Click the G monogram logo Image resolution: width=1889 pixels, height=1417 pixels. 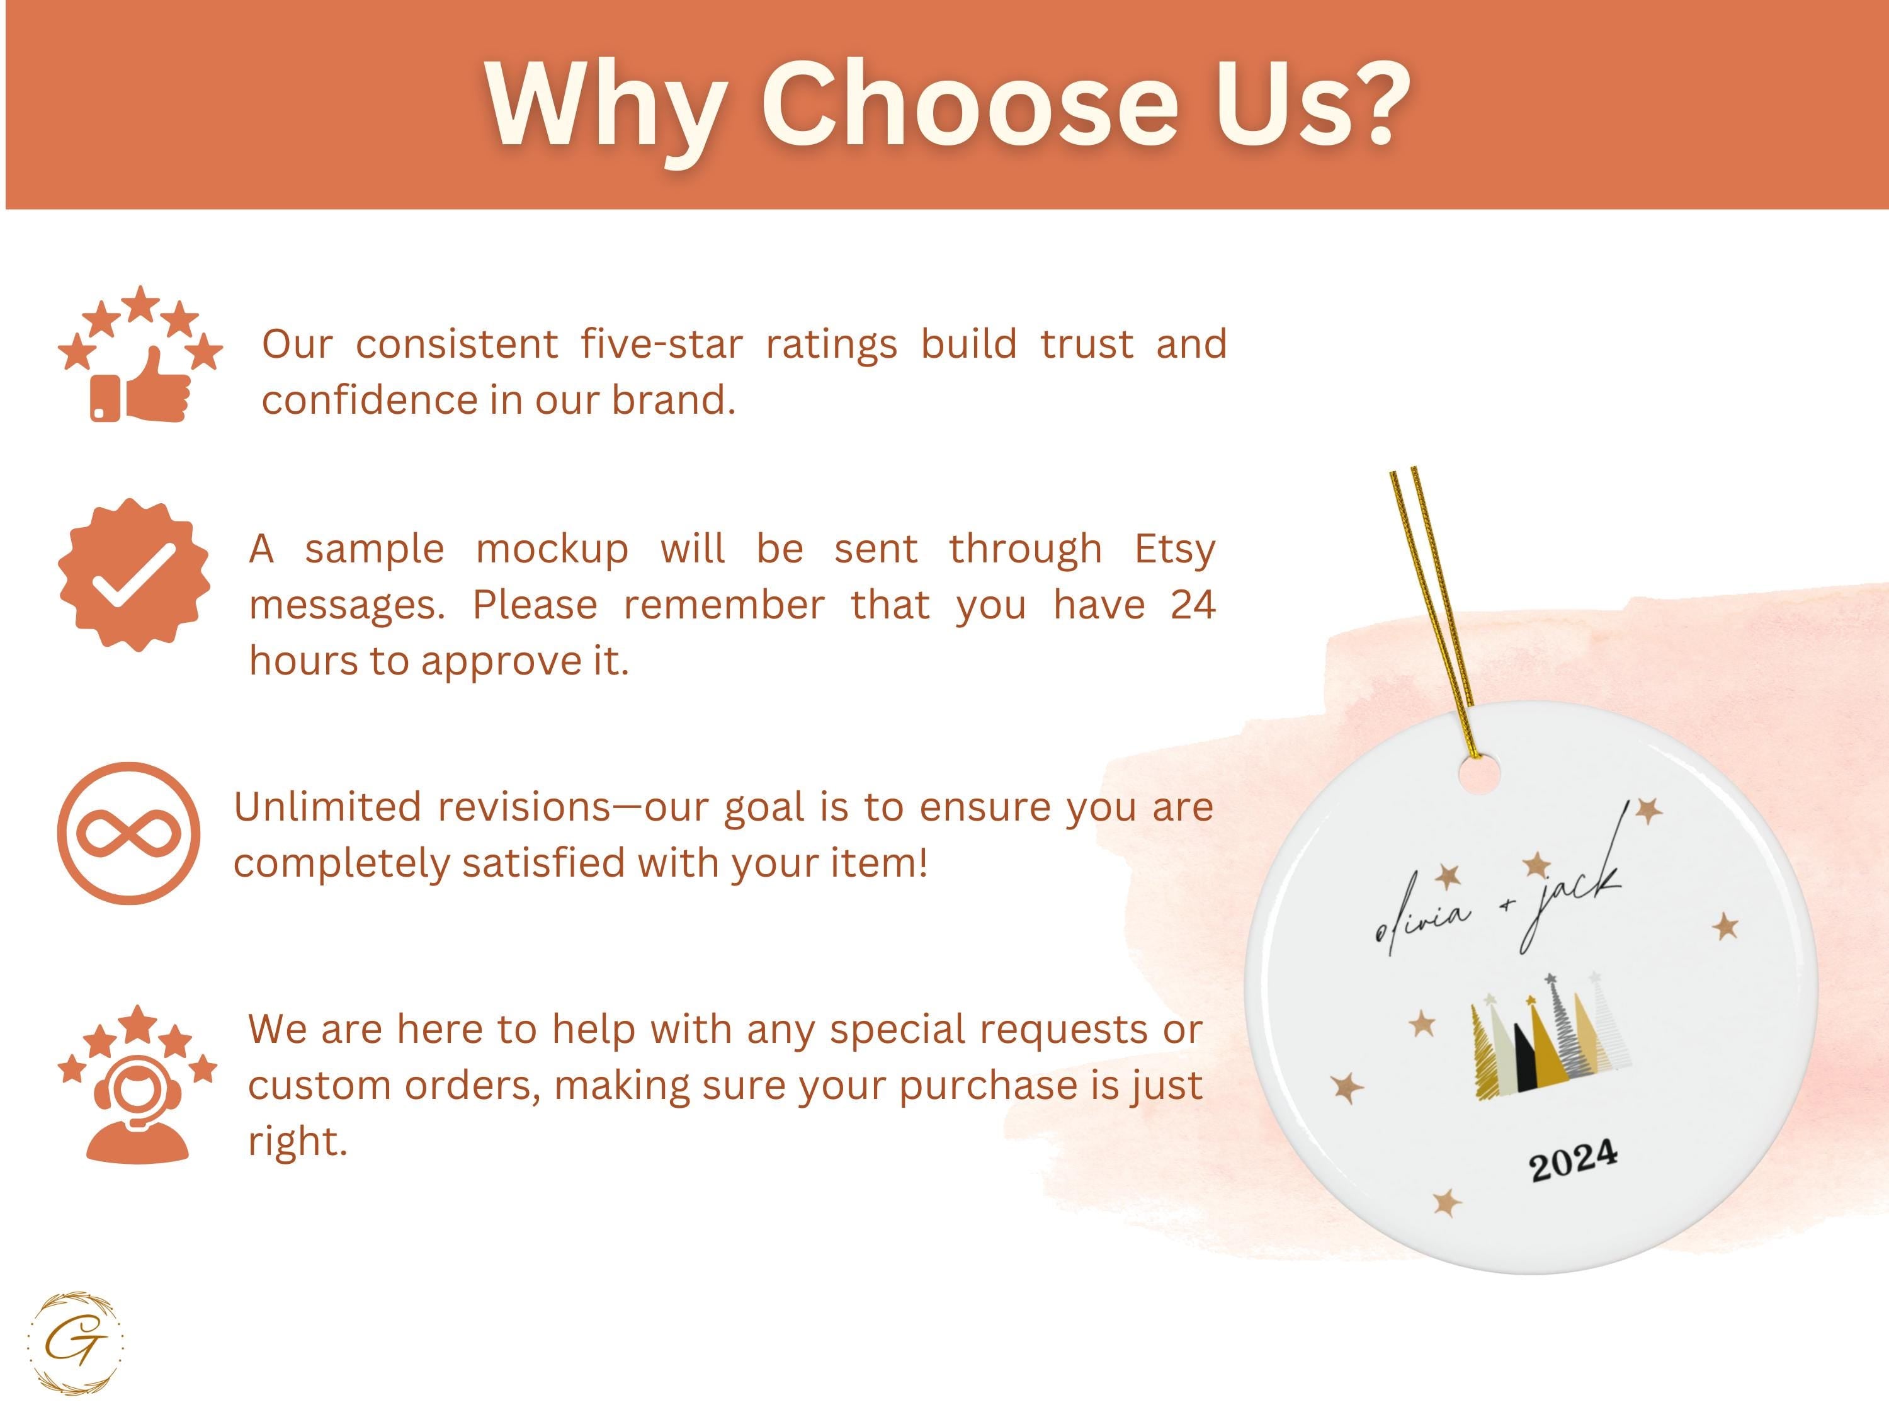pos(75,1343)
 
